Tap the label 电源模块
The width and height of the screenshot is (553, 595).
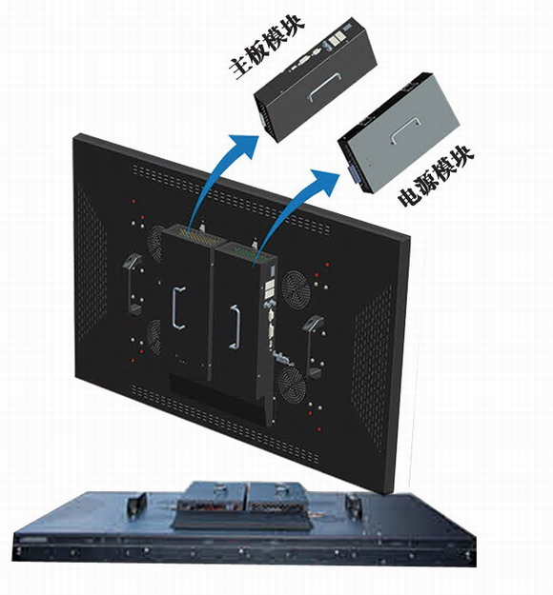click(436, 176)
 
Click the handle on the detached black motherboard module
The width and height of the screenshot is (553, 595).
click(324, 88)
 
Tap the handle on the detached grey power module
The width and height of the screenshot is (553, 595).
click(405, 131)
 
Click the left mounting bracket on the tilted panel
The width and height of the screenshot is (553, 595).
click(132, 284)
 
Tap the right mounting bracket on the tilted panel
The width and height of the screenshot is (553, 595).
click(313, 347)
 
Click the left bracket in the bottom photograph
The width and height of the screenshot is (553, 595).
click(135, 504)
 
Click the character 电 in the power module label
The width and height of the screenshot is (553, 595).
click(409, 196)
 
